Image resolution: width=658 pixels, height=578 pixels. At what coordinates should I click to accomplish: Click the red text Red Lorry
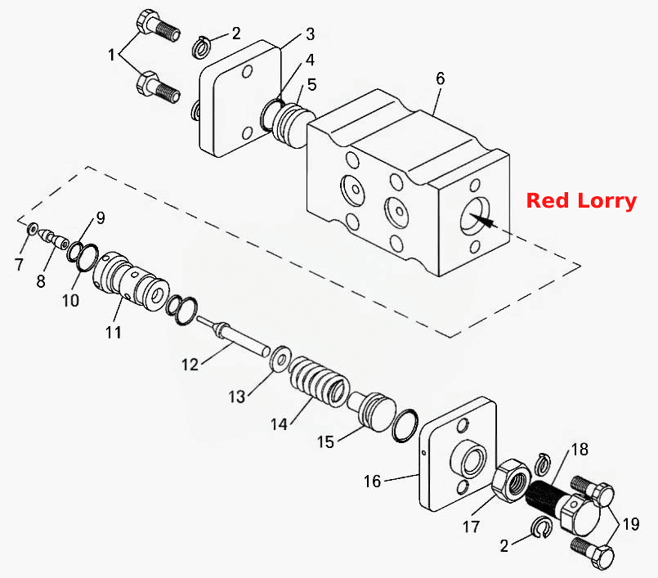pos(581,200)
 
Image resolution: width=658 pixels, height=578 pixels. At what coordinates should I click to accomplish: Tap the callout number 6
pos(441,78)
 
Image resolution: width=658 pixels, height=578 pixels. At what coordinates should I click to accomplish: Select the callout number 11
pos(114,332)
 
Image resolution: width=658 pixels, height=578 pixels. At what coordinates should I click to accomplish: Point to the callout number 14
pos(279,424)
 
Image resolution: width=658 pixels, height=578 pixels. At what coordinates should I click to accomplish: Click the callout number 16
pos(372,481)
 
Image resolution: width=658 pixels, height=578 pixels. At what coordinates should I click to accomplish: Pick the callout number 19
pos(631,524)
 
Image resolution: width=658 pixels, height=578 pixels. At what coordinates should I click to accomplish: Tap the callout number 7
pos(19,264)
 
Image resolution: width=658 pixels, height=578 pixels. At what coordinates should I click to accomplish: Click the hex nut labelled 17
pos(511,480)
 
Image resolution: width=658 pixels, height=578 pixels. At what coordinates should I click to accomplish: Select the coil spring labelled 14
pos(320,382)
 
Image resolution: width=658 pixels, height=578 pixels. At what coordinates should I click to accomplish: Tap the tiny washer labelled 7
pos(32,229)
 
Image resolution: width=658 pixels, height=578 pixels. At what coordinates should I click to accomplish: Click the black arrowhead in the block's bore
pos(482,221)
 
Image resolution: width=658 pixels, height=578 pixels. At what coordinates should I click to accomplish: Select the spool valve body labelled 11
pos(131,280)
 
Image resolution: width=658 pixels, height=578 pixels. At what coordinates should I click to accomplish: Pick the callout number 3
pos(310,34)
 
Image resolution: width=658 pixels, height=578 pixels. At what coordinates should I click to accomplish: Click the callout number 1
pos(111,54)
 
